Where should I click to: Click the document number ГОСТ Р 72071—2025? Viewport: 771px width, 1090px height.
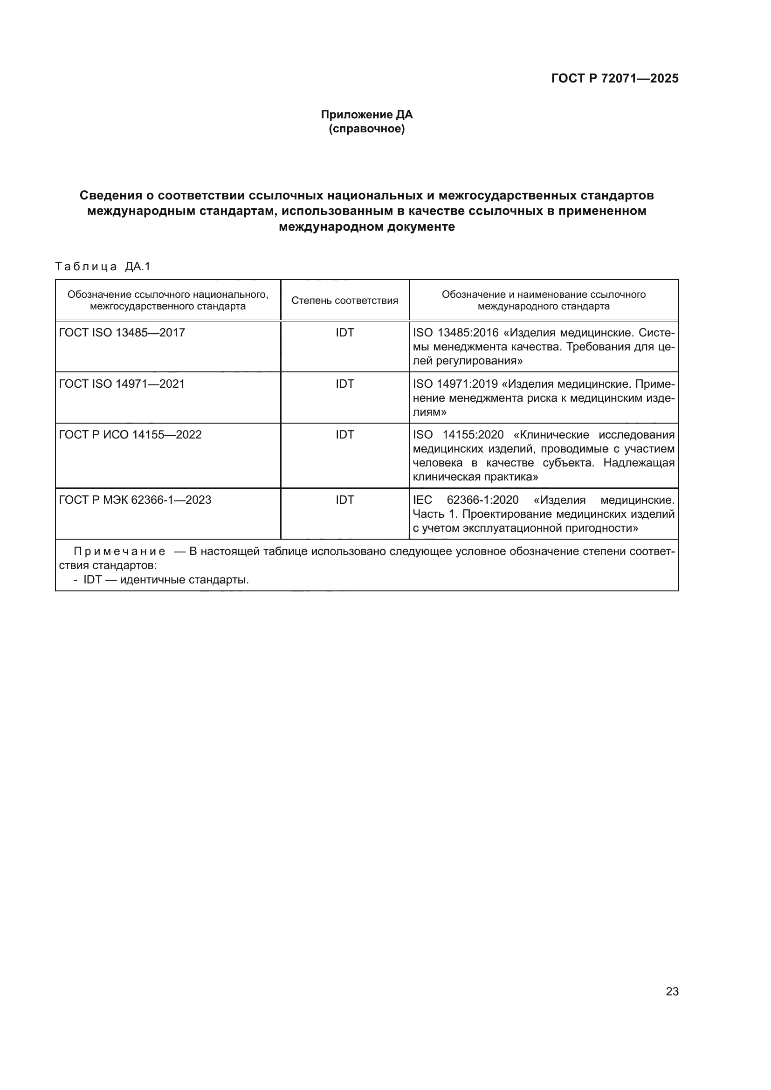(614, 78)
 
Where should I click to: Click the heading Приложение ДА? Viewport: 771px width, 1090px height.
(366, 115)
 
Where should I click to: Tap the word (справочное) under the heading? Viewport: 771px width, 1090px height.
(366, 129)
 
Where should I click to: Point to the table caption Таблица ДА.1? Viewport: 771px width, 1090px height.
(103, 267)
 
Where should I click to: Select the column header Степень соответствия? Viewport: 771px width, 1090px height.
(344, 301)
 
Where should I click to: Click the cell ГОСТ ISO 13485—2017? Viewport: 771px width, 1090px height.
(122, 333)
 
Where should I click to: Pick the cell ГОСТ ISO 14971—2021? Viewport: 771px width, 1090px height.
(122, 384)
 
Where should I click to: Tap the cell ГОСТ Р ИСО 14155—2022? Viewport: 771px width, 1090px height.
(130, 435)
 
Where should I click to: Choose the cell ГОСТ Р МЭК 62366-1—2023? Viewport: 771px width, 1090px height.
(135, 500)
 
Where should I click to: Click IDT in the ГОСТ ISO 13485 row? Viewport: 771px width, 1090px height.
(344, 333)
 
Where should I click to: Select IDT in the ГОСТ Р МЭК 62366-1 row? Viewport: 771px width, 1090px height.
(344, 500)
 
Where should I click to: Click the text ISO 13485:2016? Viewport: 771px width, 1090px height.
(455, 333)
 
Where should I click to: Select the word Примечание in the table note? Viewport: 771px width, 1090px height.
(119, 552)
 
